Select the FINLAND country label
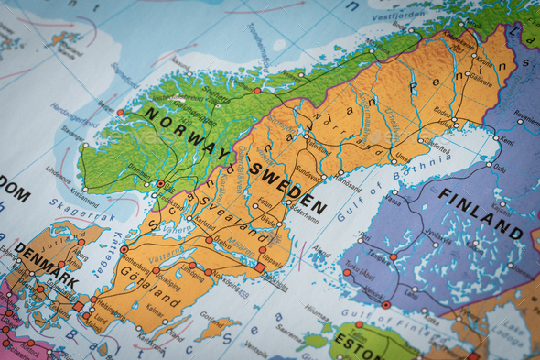coord(481,212)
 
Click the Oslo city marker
coord(161,183)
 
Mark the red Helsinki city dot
coord(386,304)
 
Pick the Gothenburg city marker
coord(124,249)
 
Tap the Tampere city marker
coord(394,257)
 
